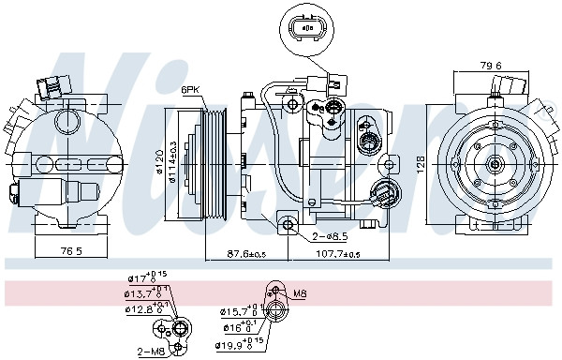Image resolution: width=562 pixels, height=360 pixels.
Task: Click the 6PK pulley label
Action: [x=191, y=89]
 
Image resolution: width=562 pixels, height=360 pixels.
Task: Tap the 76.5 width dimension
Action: [x=72, y=251]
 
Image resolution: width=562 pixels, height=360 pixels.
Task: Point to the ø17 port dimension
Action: [x=141, y=278]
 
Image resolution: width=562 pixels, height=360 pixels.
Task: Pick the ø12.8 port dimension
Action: [x=143, y=308]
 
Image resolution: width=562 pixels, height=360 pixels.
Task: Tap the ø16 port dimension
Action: [x=237, y=326]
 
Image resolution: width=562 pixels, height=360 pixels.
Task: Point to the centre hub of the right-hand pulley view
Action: [x=493, y=162]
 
